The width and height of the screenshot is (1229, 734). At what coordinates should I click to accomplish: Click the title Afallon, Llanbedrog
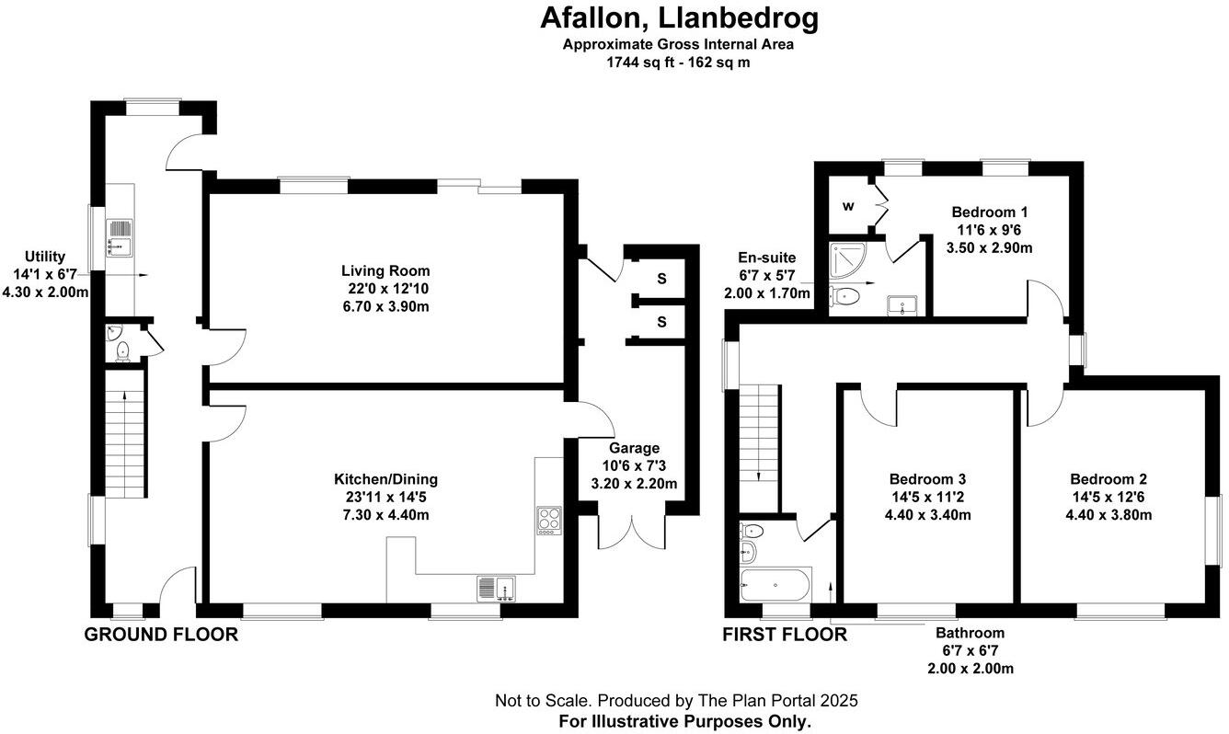(678, 18)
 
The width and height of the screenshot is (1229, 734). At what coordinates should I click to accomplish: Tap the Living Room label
(385, 271)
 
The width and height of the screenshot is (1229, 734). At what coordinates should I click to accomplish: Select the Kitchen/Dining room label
(385, 479)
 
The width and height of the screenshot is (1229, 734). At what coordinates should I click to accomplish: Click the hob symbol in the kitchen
(549, 520)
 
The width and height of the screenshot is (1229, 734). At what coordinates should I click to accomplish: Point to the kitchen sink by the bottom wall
(497, 587)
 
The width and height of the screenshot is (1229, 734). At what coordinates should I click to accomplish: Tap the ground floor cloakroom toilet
(121, 348)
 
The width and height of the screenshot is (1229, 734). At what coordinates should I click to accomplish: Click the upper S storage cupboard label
(660, 277)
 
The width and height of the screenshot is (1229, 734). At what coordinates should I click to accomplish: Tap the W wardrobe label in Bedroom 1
(847, 205)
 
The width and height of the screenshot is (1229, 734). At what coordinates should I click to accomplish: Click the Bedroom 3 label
(927, 479)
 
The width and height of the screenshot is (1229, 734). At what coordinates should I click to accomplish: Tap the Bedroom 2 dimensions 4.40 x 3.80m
(1108, 515)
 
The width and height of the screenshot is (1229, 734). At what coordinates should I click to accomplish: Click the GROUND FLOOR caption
(161, 635)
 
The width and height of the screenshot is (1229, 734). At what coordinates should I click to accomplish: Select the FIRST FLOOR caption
(784, 635)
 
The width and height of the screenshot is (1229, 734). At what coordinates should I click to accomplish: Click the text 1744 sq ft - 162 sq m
(678, 63)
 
